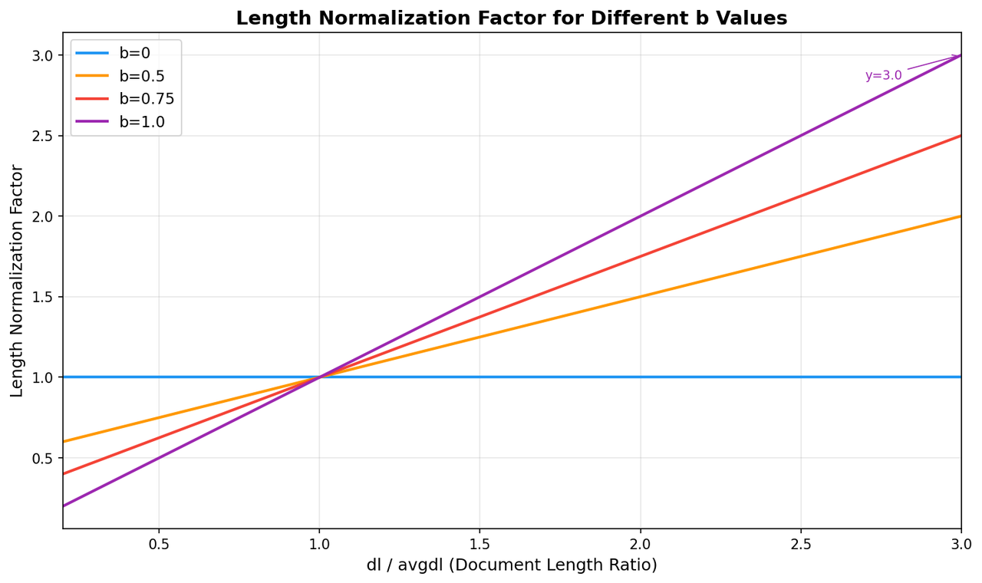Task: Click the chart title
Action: point(512,18)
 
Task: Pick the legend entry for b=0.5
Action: point(120,76)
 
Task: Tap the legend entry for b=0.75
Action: point(125,99)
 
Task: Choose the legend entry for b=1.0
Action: point(120,121)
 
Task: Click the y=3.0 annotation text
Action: point(883,75)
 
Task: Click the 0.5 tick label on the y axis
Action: point(42,458)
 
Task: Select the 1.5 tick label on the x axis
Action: point(480,545)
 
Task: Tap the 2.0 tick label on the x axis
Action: point(641,545)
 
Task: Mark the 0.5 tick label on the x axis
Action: point(159,545)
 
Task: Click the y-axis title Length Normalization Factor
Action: point(16,281)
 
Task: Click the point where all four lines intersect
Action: point(320,377)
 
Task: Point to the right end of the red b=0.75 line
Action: point(961,136)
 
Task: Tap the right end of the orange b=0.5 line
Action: point(961,216)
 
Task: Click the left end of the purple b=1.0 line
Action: point(63,506)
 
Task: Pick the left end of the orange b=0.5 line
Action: point(63,441)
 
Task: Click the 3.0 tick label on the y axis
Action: point(42,55)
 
